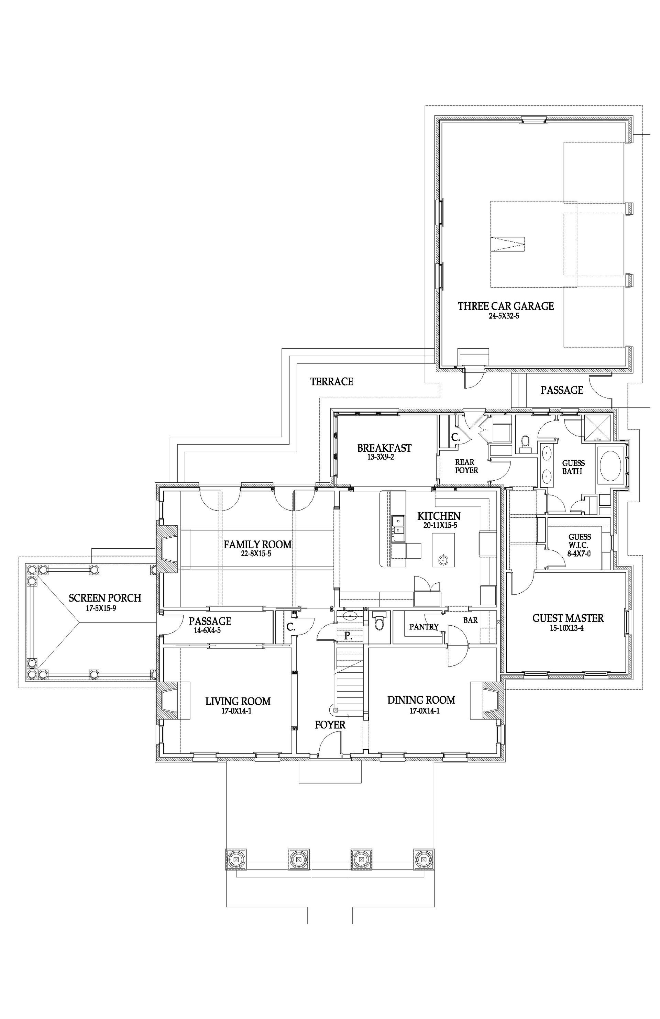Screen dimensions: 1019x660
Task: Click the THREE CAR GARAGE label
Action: point(505,306)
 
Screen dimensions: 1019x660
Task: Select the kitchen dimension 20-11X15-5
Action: point(440,525)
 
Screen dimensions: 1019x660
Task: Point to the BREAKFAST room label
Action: point(384,448)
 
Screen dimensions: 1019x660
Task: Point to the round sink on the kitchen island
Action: point(442,559)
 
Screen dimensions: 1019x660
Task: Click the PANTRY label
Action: point(423,627)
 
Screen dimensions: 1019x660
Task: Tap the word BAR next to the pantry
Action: point(470,620)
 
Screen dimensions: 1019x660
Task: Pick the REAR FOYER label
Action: point(466,466)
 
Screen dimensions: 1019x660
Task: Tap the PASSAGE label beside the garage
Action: point(561,390)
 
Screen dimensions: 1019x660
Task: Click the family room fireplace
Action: point(169,549)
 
